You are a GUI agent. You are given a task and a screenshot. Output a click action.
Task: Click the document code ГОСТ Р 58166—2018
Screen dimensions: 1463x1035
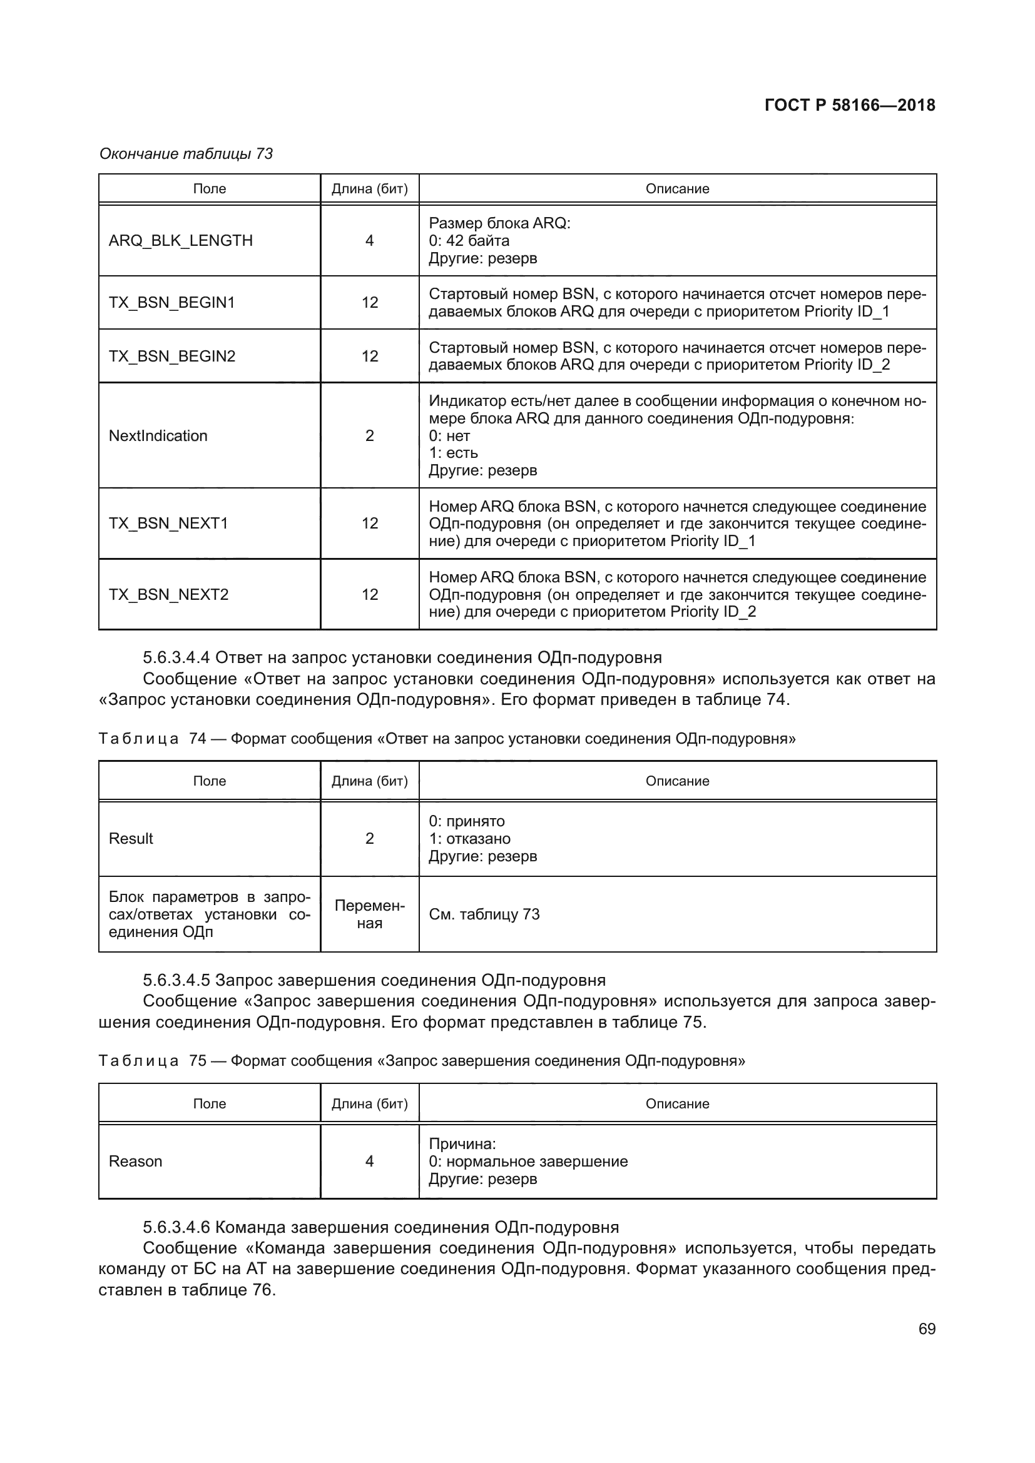click(850, 105)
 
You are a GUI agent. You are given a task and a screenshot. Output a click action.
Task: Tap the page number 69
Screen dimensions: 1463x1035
click(927, 1329)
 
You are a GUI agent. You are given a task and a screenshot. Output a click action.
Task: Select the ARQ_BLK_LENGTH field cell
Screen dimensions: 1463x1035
click(180, 240)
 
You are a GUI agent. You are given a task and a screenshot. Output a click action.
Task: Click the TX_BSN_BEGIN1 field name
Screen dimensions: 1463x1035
click(171, 302)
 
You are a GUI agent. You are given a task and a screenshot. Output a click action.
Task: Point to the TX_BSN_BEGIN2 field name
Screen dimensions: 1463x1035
click(172, 355)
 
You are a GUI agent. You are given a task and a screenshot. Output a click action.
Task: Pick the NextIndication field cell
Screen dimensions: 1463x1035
click(158, 435)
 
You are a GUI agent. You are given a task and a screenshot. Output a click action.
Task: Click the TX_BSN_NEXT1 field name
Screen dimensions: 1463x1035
click(168, 523)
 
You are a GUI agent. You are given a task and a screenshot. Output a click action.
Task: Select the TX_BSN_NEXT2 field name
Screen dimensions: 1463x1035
click(168, 594)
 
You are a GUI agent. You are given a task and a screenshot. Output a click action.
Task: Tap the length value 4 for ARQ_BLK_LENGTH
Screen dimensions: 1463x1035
click(369, 240)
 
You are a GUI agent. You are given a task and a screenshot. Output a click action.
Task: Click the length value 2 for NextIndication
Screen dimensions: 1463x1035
click(369, 435)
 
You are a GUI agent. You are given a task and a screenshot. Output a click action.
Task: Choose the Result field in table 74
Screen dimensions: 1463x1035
click(131, 838)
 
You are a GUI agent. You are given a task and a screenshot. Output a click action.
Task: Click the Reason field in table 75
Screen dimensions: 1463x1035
click(135, 1161)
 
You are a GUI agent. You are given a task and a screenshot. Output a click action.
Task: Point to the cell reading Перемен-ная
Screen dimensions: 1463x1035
click(369, 914)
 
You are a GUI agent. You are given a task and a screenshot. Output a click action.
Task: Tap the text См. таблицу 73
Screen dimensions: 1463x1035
click(484, 914)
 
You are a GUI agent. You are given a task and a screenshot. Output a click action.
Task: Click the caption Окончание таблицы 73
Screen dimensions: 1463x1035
click(186, 154)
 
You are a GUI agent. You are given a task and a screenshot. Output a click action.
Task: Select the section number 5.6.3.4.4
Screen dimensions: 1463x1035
click(176, 657)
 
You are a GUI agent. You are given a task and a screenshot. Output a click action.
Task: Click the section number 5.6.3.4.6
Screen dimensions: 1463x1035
click(176, 1227)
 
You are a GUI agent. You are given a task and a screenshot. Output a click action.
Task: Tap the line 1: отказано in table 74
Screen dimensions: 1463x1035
click(469, 838)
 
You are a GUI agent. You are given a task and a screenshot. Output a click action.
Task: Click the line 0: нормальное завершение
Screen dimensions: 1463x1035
click(528, 1161)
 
